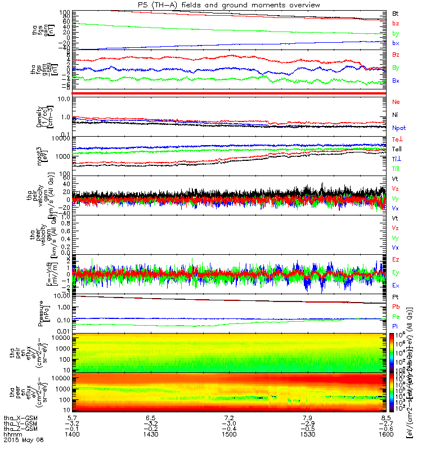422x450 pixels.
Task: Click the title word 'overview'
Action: point(304,5)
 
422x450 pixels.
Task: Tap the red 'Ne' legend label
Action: point(396,102)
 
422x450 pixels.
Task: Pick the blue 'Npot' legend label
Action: point(399,128)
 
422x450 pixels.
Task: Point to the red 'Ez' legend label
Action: point(396,259)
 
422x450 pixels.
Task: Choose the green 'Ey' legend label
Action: point(396,272)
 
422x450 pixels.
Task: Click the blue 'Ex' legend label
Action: point(396,285)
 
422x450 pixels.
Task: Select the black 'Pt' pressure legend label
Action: point(396,296)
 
